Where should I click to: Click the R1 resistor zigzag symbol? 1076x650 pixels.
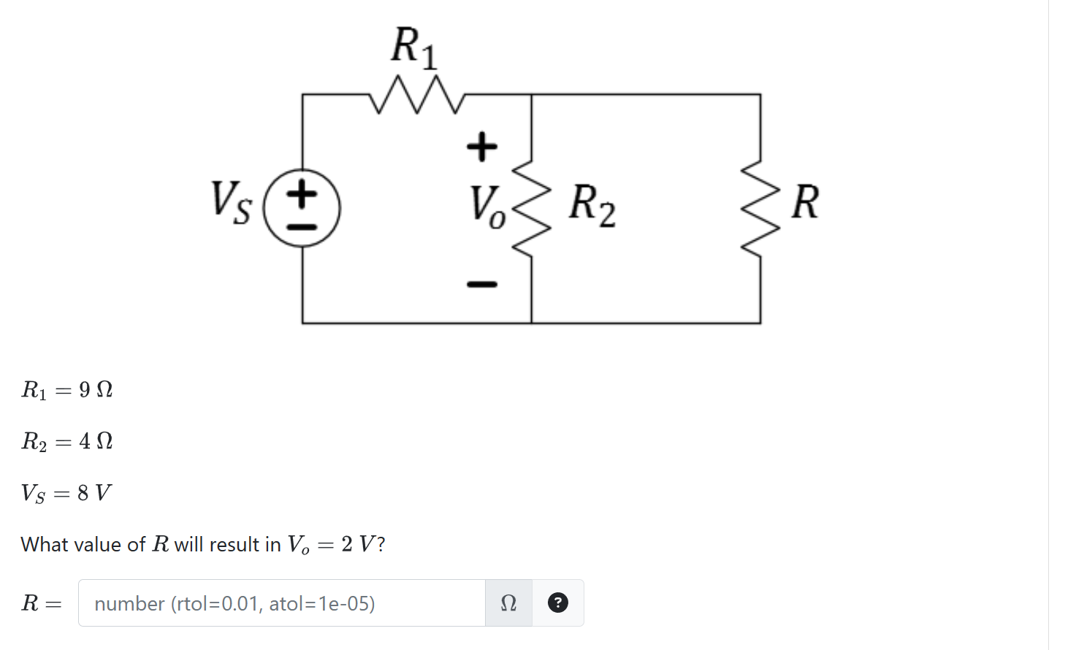click(417, 94)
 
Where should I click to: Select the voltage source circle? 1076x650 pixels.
click(302, 208)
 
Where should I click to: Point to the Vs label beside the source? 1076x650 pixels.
click(232, 202)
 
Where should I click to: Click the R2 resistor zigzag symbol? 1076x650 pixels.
click(532, 207)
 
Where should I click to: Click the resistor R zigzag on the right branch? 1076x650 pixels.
click(760, 208)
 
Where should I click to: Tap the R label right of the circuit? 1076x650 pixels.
click(805, 202)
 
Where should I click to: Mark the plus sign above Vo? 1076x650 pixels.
click(482, 147)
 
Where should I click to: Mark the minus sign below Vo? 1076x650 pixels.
click(482, 283)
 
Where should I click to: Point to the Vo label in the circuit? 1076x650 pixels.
click(487, 206)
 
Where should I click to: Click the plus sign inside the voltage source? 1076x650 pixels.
click(302, 194)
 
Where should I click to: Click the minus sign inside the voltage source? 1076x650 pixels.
click(302, 226)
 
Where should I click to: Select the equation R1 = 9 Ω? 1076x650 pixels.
click(67, 390)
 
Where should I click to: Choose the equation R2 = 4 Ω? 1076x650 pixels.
click(67, 441)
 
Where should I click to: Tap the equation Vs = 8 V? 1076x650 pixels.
click(66, 493)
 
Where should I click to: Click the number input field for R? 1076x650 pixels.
click(281, 603)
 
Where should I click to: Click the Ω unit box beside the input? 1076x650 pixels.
click(508, 603)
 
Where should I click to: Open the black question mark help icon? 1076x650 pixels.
click(557, 603)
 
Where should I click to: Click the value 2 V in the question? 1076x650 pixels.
click(358, 544)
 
